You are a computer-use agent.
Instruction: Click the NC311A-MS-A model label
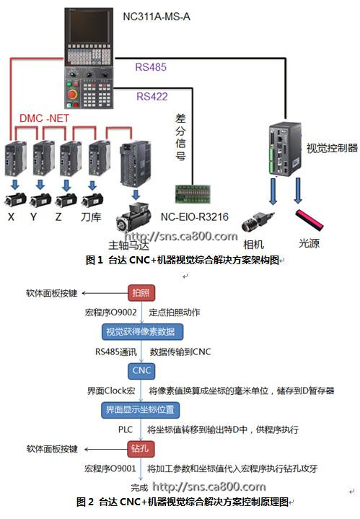point(157,17)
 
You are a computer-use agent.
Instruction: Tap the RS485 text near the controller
point(151,67)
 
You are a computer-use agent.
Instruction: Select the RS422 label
point(152,96)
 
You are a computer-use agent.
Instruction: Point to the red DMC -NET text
point(44,118)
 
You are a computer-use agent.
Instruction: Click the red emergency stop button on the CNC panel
point(72,95)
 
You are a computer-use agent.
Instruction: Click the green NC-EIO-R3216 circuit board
point(192,194)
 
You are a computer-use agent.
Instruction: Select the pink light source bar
point(309,219)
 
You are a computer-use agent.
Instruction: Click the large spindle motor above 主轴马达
point(133,217)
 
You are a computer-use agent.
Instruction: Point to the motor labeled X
point(16,200)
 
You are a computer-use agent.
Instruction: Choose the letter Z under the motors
point(58,217)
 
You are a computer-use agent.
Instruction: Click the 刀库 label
point(91,217)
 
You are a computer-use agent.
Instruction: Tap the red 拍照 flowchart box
point(141,293)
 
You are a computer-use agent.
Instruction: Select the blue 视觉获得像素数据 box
point(142,331)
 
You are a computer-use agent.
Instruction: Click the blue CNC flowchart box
point(141,371)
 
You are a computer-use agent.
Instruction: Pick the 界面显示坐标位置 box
point(140,410)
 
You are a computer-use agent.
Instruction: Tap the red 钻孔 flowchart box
point(141,449)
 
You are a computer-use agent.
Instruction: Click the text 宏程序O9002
point(110,312)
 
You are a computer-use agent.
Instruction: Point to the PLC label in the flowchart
point(126,429)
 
